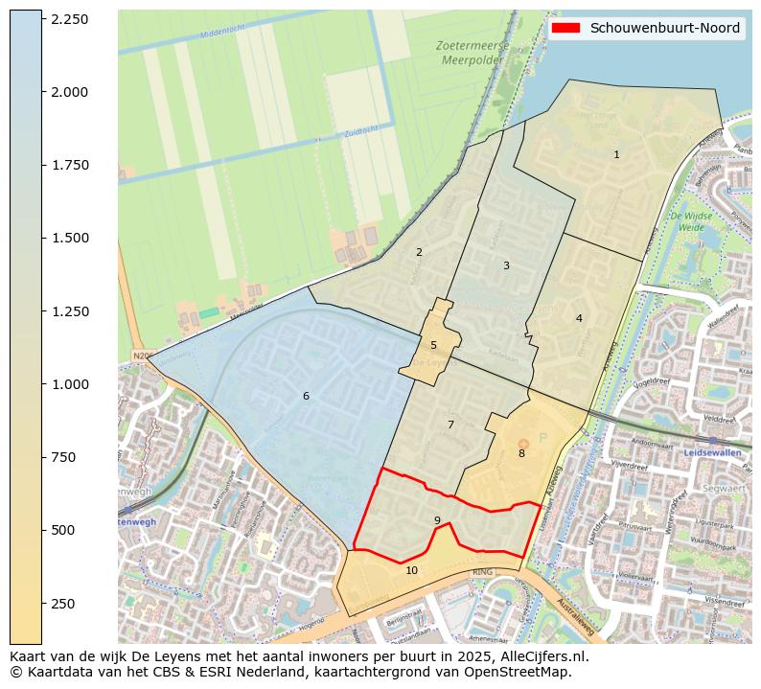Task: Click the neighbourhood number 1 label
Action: click(616, 154)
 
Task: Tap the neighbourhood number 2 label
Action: click(419, 252)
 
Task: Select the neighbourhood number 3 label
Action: click(506, 265)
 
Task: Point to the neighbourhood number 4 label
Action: click(579, 318)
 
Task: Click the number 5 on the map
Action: click(433, 345)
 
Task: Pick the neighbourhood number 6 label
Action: click(306, 396)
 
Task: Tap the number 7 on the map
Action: click(450, 425)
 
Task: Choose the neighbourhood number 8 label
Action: click(521, 453)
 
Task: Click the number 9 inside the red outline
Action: click(437, 520)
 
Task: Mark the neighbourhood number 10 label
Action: click(411, 570)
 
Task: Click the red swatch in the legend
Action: click(567, 28)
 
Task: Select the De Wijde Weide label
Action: click(695, 222)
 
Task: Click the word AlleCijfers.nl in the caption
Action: click(543, 656)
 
